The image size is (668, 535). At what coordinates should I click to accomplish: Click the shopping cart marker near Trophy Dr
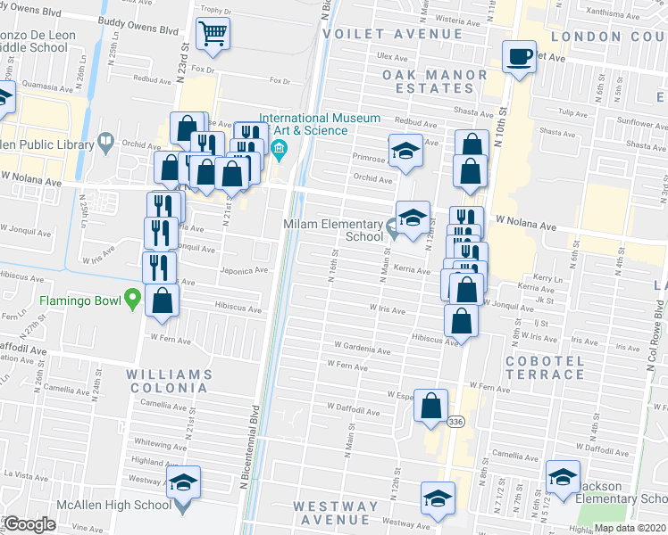coord(213,34)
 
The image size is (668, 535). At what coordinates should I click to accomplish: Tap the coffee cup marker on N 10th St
coord(518,58)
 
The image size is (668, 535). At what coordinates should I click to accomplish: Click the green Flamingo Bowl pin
coord(133,297)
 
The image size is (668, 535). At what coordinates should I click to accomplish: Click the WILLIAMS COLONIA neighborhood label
coord(169,381)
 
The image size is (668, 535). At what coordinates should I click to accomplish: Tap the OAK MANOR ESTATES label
coord(435,81)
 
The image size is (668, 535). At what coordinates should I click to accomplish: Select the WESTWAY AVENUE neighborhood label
coord(337,513)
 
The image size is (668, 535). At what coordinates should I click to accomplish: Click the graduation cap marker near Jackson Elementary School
coord(563,478)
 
